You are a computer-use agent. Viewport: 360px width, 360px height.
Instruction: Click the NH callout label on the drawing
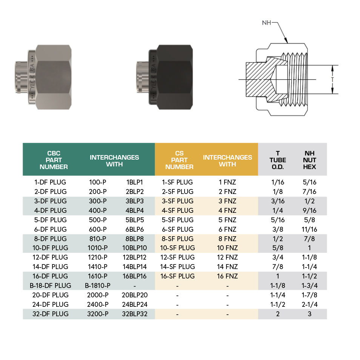click(x=266, y=23)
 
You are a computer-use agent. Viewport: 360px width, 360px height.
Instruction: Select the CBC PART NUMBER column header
click(x=54, y=160)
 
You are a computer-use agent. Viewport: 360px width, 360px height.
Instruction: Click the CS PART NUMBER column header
click(x=179, y=160)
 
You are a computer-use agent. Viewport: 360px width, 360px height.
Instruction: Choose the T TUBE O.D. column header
click(x=278, y=160)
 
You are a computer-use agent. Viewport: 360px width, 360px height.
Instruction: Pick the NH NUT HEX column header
click(x=309, y=160)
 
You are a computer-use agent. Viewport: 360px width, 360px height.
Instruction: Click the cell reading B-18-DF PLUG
click(x=51, y=286)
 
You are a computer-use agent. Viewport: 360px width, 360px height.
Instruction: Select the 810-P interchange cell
click(x=98, y=238)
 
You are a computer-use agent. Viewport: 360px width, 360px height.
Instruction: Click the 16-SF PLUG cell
click(x=177, y=276)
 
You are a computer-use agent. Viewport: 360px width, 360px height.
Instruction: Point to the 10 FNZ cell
click(x=227, y=248)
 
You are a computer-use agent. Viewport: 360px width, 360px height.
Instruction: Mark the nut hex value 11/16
click(x=309, y=229)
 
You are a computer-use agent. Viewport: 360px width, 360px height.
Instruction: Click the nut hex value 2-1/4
click(x=309, y=305)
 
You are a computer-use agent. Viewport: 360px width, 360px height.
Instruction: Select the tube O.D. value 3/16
click(x=278, y=201)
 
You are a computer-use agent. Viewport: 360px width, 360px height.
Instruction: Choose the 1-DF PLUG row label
click(x=51, y=182)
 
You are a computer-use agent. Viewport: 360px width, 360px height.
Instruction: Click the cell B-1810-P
click(x=98, y=286)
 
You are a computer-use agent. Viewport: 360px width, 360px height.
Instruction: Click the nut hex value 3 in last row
click(x=309, y=314)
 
